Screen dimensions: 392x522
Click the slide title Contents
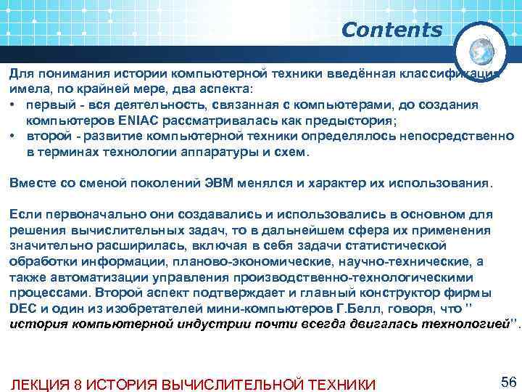pyautogui.click(x=391, y=30)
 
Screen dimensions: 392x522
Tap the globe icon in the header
pyautogui.click(x=482, y=52)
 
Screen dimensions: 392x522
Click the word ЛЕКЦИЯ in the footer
pyautogui.click(x=38, y=383)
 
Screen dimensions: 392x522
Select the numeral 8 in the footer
pyautogui.click(x=77, y=383)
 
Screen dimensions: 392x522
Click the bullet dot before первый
pyautogui.click(x=13, y=105)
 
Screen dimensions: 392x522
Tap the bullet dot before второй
pyautogui.click(x=13, y=136)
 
